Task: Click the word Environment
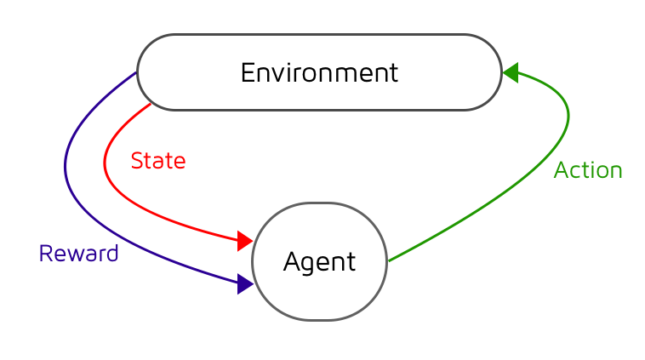319,73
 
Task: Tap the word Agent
319,262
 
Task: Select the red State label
158,161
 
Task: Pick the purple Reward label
78,254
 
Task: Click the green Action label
588,170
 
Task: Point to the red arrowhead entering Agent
245,241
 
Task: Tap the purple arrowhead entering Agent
245,284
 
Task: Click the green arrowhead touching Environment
511,73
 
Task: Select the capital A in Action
562,170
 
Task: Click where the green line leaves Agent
389,260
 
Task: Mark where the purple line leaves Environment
136,73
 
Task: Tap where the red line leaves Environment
151,103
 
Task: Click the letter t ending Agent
351,262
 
